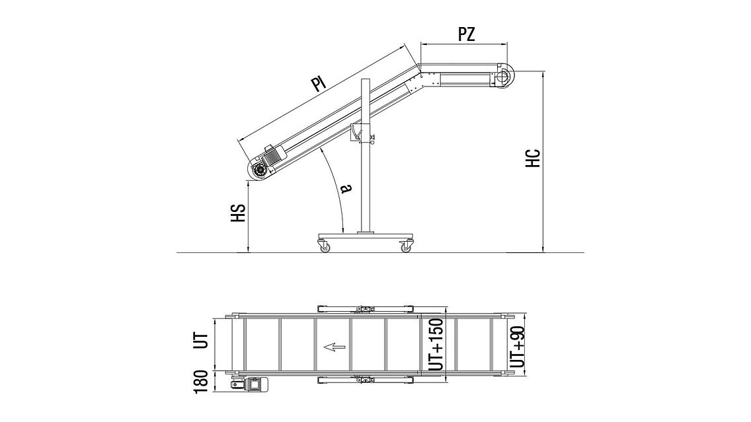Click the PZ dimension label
pos(467,34)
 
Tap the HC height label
pos(533,158)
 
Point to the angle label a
pos(346,188)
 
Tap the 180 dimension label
pos(201,382)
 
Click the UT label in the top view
pos(202,340)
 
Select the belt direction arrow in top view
pos(335,347)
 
